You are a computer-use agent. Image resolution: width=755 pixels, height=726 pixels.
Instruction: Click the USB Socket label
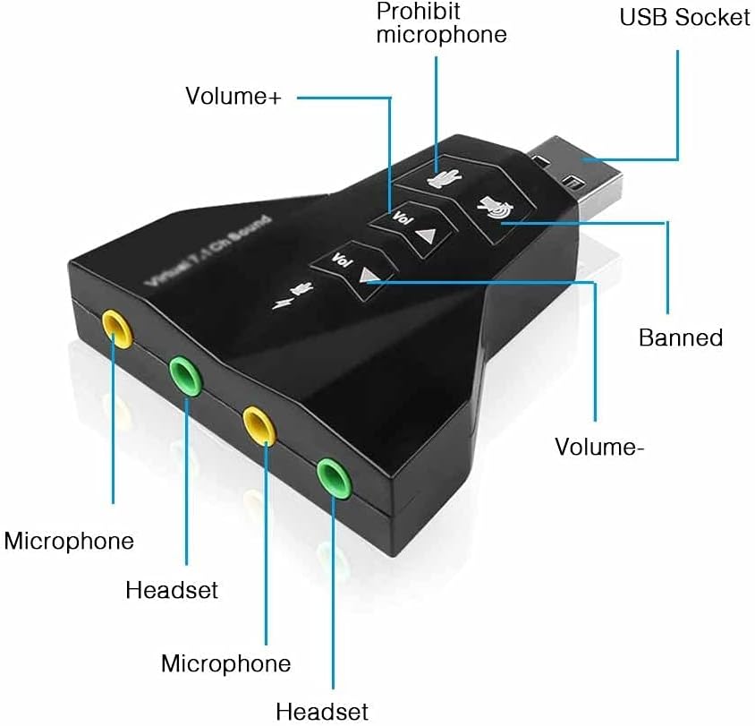[684, 17]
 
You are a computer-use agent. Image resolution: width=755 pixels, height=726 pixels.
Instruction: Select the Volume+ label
[233, 96]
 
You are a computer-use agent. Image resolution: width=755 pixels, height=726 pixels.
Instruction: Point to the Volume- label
[599, 446]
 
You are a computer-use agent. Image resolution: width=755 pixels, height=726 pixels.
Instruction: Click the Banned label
[680, 337]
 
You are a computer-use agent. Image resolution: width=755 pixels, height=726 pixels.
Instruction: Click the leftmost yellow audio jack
[117, 328]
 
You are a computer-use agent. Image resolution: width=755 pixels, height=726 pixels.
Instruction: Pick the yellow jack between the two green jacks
[257, 423]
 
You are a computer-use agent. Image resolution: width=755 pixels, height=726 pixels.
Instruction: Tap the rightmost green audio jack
[331, 474]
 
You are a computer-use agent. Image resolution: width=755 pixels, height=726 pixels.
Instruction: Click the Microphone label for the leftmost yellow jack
[69, 541]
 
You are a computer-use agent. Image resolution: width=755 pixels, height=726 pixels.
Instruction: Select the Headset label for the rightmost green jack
[322, 712]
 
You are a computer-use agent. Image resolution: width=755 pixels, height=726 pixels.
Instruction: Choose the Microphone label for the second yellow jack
[225, 663]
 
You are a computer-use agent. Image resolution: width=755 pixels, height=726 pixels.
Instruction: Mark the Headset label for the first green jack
[172, 590]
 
